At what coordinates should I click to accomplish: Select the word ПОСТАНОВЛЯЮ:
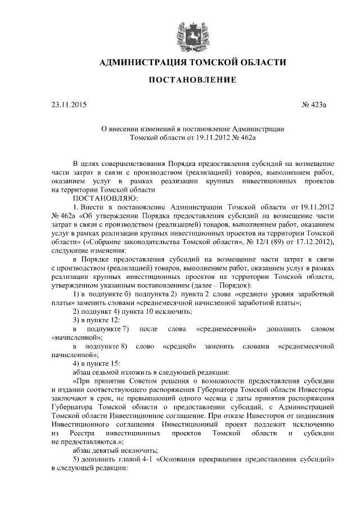104,198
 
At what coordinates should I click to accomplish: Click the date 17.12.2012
315,242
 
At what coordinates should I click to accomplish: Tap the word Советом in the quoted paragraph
154,381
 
